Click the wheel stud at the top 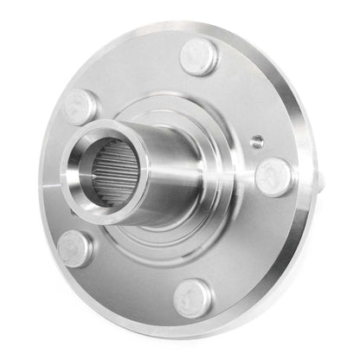[x=200, y=56]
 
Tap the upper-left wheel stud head [x=80, y=106]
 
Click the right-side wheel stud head [x=274, y=176]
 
